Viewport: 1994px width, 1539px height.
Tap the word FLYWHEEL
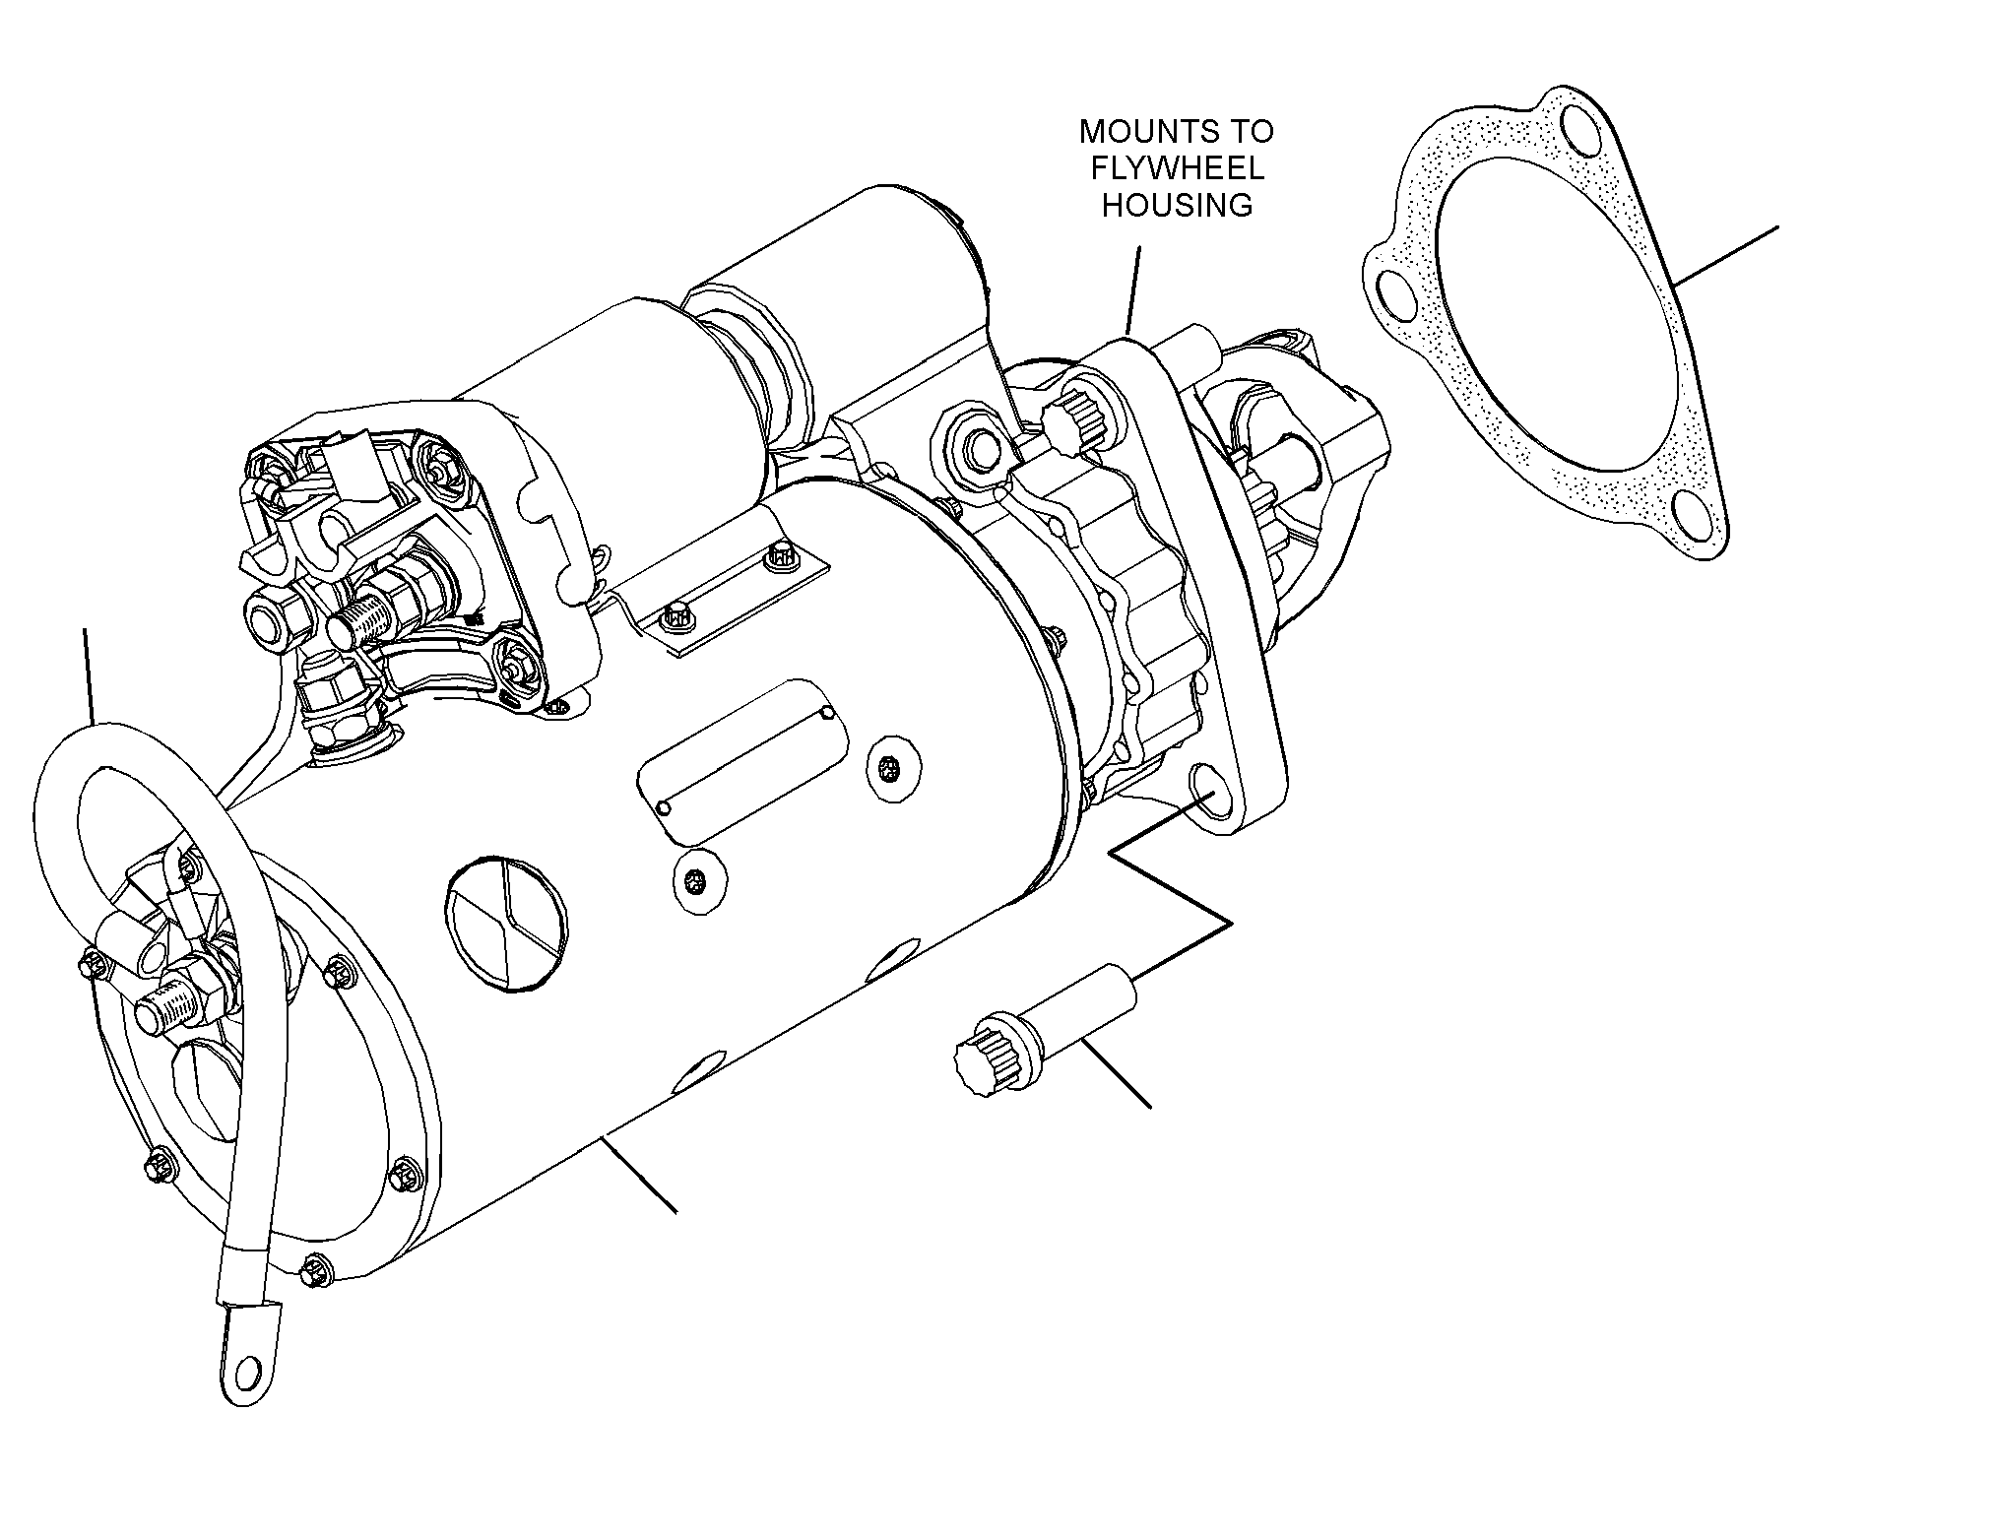pyautogui.click(x=1177, y=168)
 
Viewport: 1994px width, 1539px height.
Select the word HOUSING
pyautogui.click(x=1177, y=205)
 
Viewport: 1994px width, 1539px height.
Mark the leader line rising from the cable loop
pyautogui.click(x=89, y=676)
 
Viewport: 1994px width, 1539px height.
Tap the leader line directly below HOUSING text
pyautogui.click(x=1134, y=291)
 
